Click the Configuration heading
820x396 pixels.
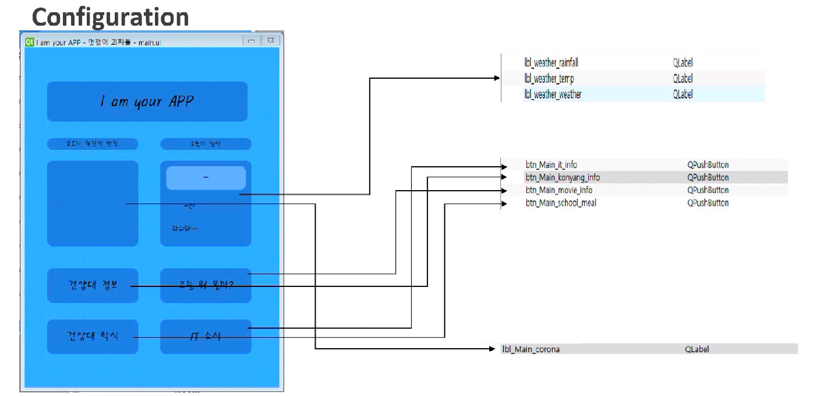click(x=110, y=16)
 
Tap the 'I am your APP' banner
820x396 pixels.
click(x=147, y=101)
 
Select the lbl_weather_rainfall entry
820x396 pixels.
click(x=551, y=63)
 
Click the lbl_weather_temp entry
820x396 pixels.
click(x=549, y=79)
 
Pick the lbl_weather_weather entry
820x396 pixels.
click(x=552, y=94)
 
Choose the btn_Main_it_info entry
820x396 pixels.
click(x=551, y=165)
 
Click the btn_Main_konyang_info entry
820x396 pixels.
click(x=562, y=177)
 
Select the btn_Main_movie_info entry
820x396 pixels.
click(x=559, y=190)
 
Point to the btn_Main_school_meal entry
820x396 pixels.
click(x=560, y=203)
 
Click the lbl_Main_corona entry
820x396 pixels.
click(x=531, y=349)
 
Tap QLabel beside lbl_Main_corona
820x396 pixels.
click(x=697, y=349)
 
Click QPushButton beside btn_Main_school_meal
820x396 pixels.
click(x=708, y=203)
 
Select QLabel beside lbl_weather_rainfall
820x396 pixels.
click(x=683, y=63)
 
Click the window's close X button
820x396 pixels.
click(x=270, y=41)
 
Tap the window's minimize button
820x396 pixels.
click(x=252, y=41)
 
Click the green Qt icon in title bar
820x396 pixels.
click(x=29, y=42)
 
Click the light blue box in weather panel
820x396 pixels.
click(x=206, y=178)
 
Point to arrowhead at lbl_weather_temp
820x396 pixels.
click(x=497, y=78)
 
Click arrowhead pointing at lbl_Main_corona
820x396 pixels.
click(x=493, y=349)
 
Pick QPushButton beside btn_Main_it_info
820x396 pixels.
click(x=708, y=165)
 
